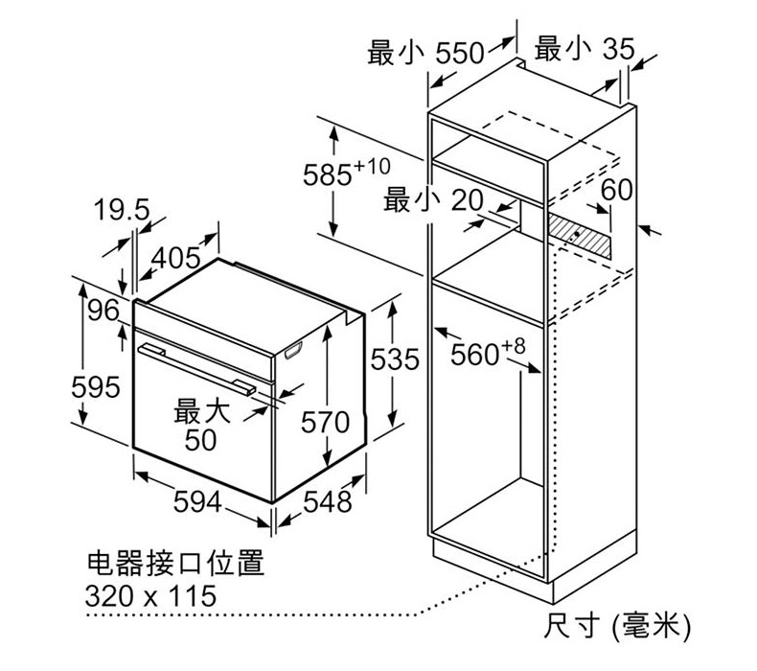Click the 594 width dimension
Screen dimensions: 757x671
click(197, 501)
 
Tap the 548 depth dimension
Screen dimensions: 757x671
click(328, 502)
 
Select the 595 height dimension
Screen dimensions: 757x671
click(96, 387)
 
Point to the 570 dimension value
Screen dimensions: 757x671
click(325, 423)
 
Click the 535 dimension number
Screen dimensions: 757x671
click(395, 359)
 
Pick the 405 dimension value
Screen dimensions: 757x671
click(175, 258)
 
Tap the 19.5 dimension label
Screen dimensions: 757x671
click(122, 209)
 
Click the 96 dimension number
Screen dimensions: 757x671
click(103, 311)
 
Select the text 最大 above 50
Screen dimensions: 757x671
click(202, 412)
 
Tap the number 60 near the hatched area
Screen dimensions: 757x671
click(616, 190)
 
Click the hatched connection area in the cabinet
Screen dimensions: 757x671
click(579, 236)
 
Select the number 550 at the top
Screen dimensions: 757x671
click(460, 53)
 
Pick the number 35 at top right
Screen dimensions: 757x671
click(618, 49)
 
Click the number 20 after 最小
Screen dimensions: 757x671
click(467, 200)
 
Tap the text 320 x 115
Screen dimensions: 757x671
click(150, 595)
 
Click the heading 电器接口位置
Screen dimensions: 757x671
click(175, 564)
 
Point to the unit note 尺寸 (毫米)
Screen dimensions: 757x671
click(617, 627)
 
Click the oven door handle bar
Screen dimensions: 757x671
click(197, 369)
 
